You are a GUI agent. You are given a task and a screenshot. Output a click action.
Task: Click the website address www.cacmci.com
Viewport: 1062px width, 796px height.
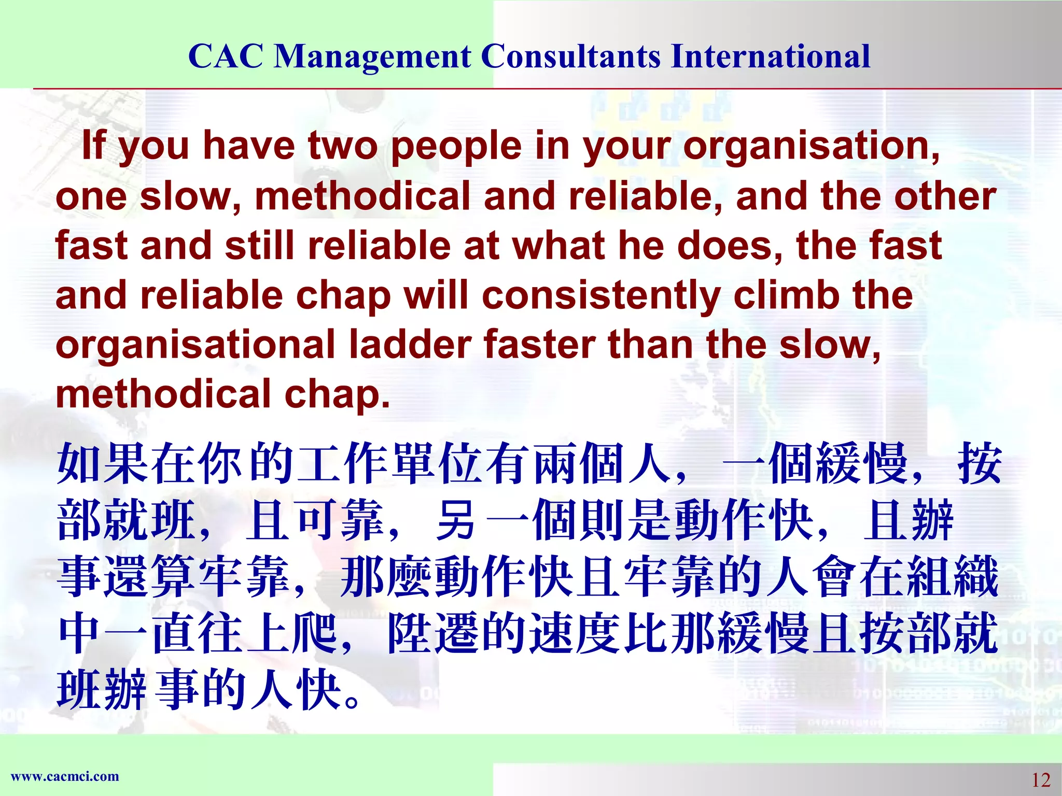point(65,776)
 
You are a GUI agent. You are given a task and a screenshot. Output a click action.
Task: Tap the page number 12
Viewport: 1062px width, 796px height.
point(1040,779)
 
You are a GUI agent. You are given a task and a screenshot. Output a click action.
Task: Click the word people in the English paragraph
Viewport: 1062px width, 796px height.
point(456,147)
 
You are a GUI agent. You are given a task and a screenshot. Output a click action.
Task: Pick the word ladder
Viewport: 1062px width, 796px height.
point(410,345)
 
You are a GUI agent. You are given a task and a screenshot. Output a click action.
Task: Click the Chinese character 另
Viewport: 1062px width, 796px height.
point(456,520)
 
